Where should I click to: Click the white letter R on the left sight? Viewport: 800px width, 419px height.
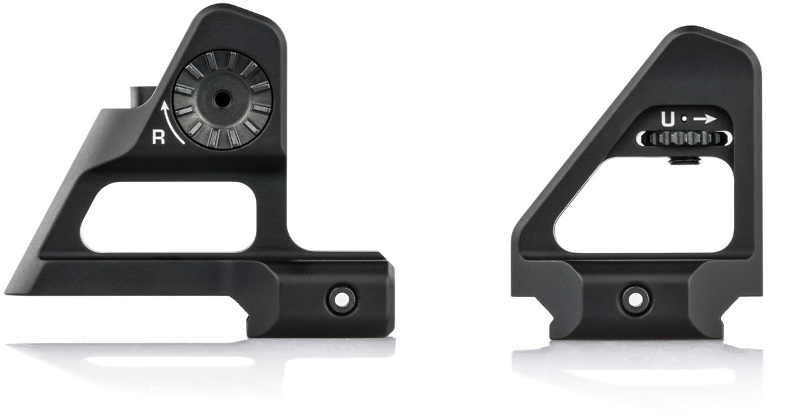point(159,137)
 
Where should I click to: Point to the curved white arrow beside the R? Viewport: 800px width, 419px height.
point(171,123)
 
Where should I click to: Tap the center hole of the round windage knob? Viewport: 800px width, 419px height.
point(221,100)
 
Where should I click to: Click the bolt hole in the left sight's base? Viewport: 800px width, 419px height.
point(341,300)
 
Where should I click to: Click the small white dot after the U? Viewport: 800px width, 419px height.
point(683,120)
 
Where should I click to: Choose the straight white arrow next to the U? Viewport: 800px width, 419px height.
point(705,119)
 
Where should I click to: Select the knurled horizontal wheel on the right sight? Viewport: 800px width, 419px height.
point(684,139)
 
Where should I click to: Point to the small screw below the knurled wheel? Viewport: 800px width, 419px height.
point(685,160)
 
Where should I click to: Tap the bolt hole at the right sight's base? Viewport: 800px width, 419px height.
point(635,299)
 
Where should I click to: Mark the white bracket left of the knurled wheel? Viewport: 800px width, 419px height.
point(640,139)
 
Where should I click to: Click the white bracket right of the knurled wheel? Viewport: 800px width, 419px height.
point(728,138)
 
